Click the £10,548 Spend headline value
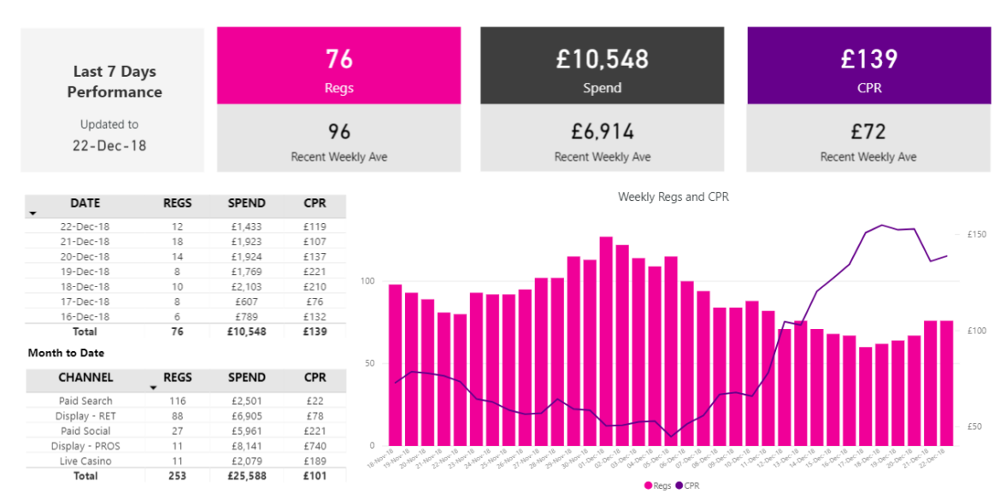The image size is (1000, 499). [602, 59]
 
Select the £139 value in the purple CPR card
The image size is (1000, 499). [868, 59]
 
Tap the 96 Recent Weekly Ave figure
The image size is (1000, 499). [339, 132]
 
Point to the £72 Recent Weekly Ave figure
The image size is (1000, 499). [868, 132]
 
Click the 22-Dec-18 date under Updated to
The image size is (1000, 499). [109, 145]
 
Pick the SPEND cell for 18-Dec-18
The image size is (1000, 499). [246, 286]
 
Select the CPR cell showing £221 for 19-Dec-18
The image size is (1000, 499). [315, 272]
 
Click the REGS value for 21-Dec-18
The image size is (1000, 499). [178, 242]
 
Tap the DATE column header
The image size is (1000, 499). [85, 203]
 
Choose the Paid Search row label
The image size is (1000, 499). [85, 401]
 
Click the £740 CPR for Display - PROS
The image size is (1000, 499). [315, 446]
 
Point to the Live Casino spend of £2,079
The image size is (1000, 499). [246, 461]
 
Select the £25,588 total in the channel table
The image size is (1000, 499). [246, 476]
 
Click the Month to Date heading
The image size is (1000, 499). [66, 352]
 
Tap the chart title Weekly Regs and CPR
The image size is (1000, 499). [673, 197]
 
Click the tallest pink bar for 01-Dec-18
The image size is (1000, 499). [606, 342]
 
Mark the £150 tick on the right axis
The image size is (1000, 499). [977, 234]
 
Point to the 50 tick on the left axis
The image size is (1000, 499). [370, 363]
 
